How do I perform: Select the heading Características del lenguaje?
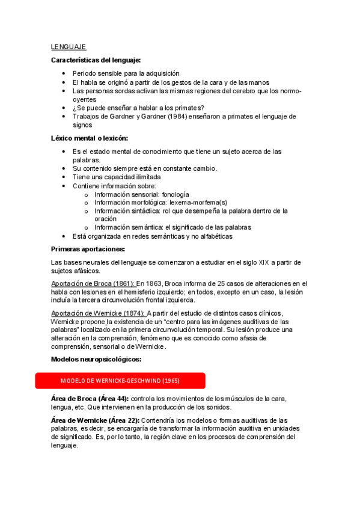click(96, 60)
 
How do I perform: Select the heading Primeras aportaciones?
click(88, 249)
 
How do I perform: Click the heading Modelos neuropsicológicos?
click(96, 359)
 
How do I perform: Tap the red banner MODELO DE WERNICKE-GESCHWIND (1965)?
click(120, 381)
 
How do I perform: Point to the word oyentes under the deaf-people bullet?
click(84, 99)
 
